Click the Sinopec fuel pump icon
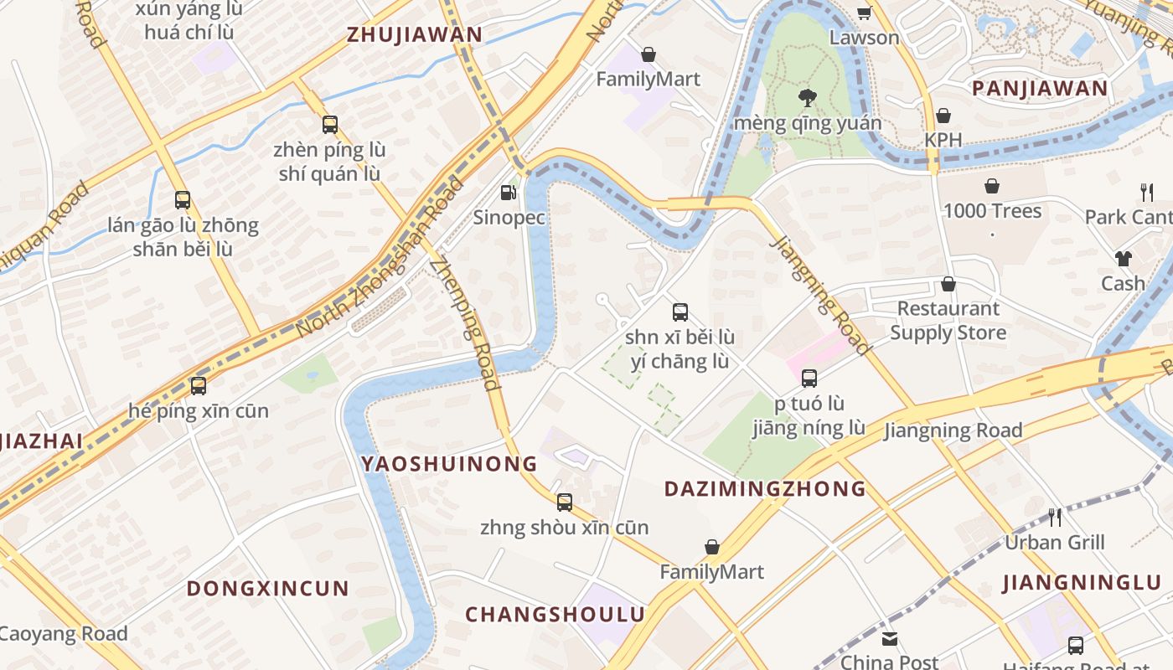[x=508, y=193]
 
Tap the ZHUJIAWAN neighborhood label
[x=415, y=34]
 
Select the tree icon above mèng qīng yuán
[x=808, y=98]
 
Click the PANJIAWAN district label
[x=1040, y=88]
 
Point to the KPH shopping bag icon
[x=943, y=116]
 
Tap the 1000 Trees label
[x=992, y=211]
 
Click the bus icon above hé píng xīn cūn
[x=199, y=386]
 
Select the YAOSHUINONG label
[x=449, y=463]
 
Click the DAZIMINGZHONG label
[x=764, y=488]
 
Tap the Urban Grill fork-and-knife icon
[x=1055, y=517]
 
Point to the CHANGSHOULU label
[x=555, y=614]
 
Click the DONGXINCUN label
[x=267, y=588]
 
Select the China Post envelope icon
[x=890, y=639]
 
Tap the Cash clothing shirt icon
[x=1123, y=259]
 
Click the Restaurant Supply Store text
[x=948, y=321]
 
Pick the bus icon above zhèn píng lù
[x=330, y=125]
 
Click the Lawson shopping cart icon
[x=864, y=13]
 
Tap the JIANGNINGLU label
[x=1082, y=582]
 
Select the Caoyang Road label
[x=64, y=634]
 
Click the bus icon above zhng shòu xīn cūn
[x=565, y=502]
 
